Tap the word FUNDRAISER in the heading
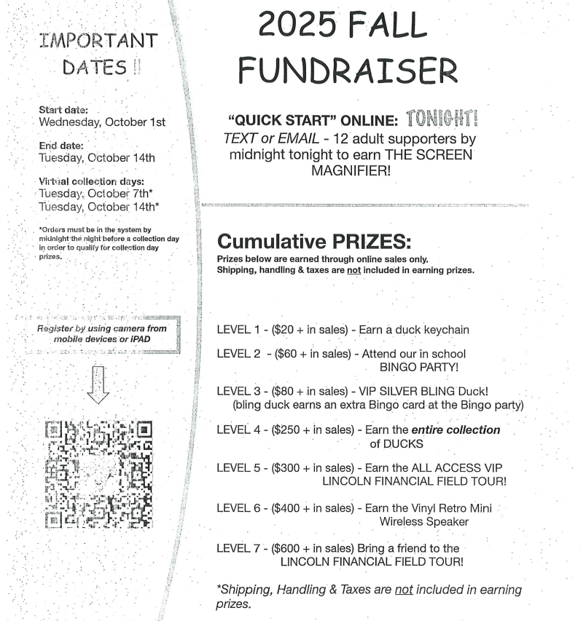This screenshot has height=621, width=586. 348,71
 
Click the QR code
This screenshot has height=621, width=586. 99,473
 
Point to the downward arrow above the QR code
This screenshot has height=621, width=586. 97,384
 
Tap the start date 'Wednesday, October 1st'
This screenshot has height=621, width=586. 102,122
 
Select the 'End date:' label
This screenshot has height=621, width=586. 62,146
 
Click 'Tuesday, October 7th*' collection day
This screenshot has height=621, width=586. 98,193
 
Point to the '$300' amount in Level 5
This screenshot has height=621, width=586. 287,467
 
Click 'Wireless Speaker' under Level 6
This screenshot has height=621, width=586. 423,521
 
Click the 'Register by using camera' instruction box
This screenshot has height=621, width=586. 101,333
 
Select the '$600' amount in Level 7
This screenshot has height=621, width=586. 287,547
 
